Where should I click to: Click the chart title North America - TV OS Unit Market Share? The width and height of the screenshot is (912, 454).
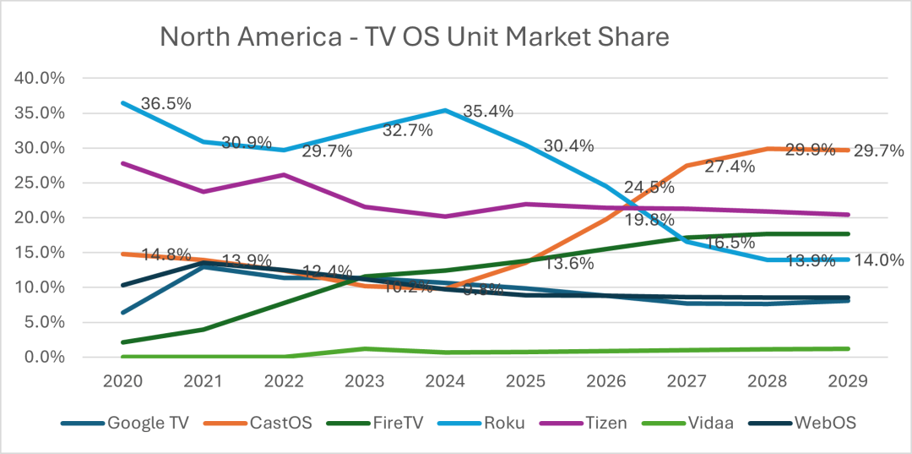(x=414, y=37)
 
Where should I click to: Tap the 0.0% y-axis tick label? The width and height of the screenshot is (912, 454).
(x=42, y=357)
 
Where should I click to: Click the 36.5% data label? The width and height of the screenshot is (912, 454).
(x=166, y=104)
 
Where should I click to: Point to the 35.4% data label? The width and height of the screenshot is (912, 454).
(x=490, y=112)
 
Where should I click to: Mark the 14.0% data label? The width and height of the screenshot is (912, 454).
(x=879, y=260)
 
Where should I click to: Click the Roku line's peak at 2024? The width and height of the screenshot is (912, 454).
(x=446, y=110)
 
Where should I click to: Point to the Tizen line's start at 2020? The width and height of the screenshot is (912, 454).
(x=124, y=163)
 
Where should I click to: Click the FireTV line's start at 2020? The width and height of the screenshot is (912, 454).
(x=124, y=342)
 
